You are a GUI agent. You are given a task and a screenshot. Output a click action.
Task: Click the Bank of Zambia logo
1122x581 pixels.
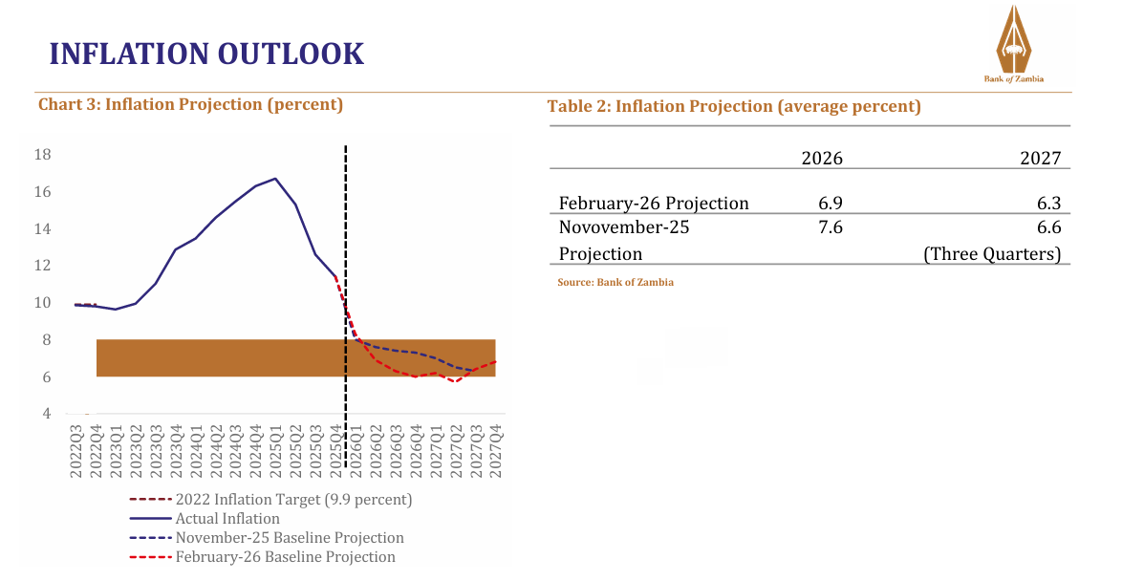[x=1013, y=44]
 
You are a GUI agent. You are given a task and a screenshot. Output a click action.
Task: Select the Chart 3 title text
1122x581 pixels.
[x=190, y=104]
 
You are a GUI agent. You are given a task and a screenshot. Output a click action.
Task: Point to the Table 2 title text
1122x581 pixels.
[x=734, y=106]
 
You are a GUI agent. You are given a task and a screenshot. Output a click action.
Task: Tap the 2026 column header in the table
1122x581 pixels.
[x=822, y=159]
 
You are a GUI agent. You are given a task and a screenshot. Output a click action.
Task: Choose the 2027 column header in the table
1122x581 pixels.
[x=1040, y=159]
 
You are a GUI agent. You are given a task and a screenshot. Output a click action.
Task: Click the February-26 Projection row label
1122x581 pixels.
[x=654, y=204]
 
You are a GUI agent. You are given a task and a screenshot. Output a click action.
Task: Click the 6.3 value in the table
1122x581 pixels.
[x=1047, y=204]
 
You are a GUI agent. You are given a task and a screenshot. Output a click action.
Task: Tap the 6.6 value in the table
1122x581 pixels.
[x=1047, y=227]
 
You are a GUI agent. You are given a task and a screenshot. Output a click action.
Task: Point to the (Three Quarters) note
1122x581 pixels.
[x=992, y=254]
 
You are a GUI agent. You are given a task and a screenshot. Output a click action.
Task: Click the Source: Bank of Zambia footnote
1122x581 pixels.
[x=615, y=283]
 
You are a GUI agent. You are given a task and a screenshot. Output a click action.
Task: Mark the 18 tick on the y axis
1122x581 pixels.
[x=42, y=155]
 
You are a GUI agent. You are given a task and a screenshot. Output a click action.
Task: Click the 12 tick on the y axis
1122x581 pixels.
[x=42, y=266]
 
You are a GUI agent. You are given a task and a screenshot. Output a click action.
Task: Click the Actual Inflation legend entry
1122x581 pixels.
[x=227, y=519]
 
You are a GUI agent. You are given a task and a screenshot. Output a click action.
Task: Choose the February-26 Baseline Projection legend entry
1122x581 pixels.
[x=285, y=557]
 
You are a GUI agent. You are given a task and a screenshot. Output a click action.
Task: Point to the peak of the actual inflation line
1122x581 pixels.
[x=275, y=179]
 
